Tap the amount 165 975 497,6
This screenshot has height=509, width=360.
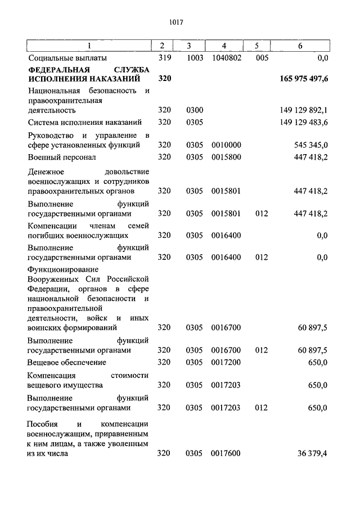pyautogui.click(x=304, y=79)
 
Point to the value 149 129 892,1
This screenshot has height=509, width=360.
pyautogui.click(x=304, y=110)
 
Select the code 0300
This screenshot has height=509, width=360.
pyautogui.click(x=194, y=110)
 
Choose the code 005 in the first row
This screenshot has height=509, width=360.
pyautogui.click(x=262, y=57)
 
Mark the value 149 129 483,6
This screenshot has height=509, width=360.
pyautogui.click(x=304, y=122)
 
